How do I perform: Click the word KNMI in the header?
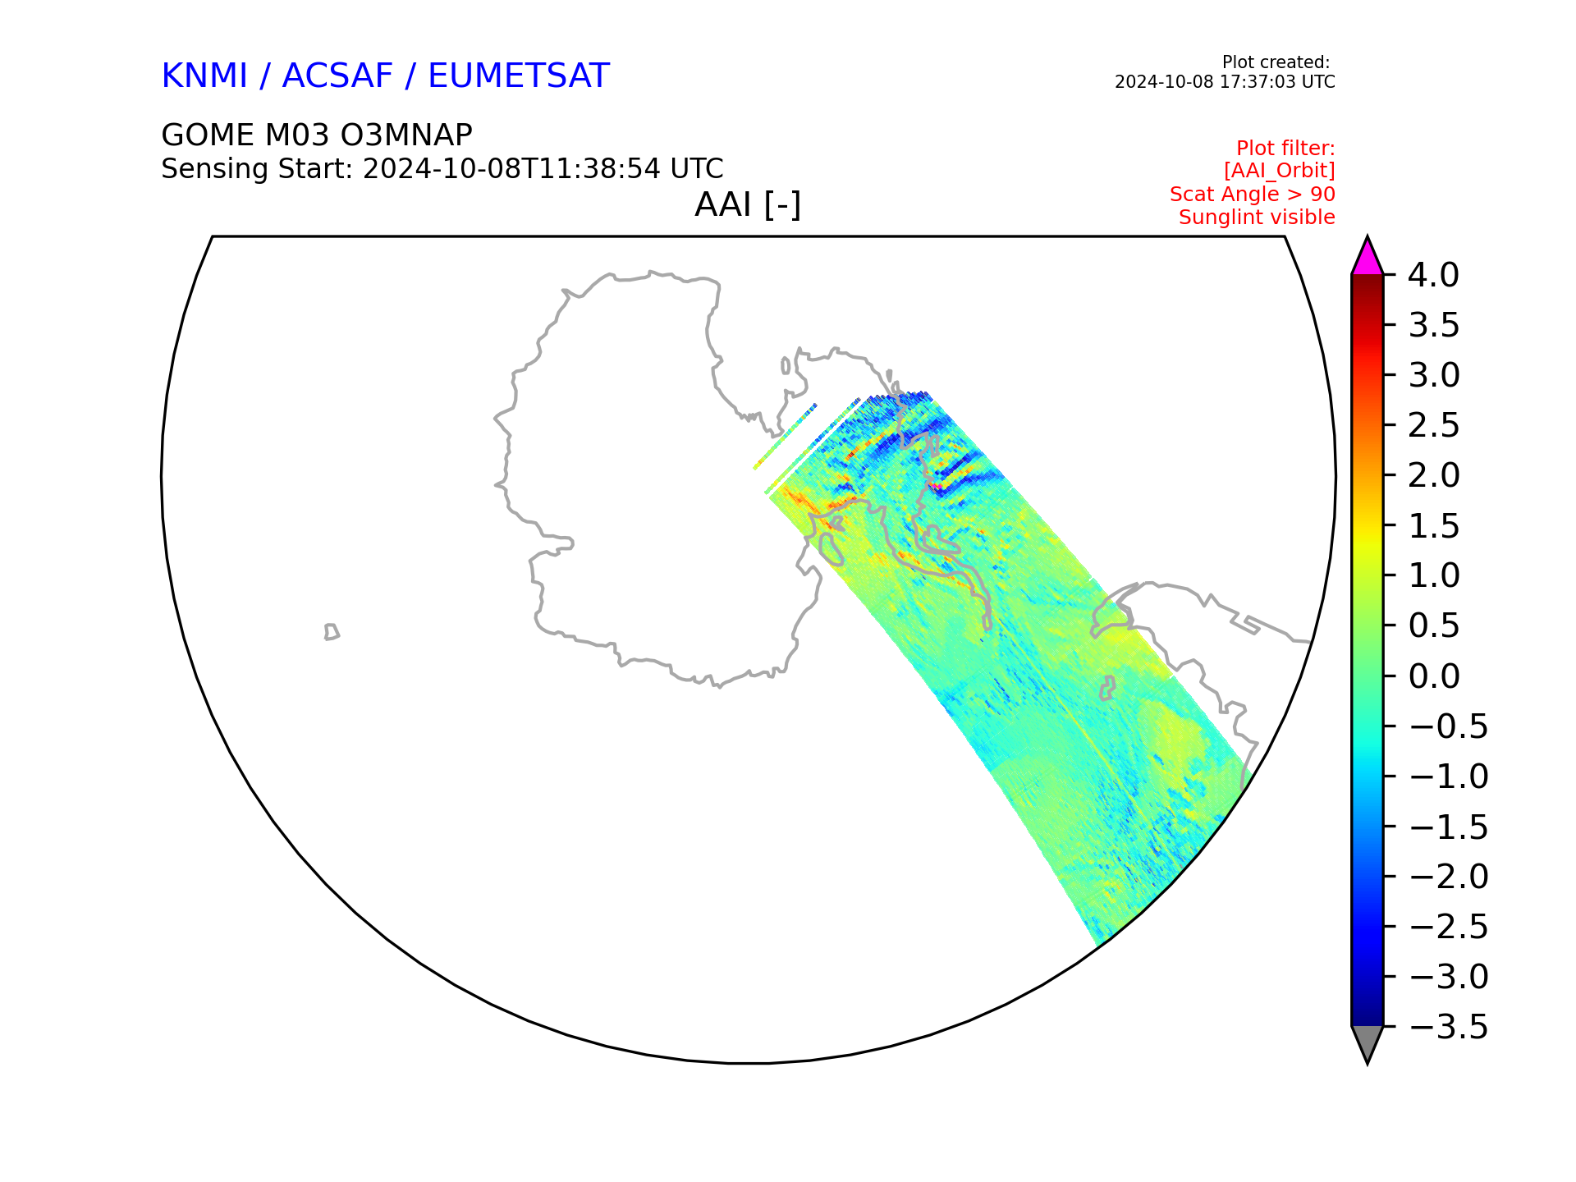point(204,76)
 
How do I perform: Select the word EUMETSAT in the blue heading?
point(519,76)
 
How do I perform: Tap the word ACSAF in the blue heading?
point(337,76)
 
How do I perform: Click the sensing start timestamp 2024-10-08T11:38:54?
point(511,168)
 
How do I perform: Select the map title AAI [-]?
point(748,204)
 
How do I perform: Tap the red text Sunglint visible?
point(1257,218)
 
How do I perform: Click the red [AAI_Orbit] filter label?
point(1279,171)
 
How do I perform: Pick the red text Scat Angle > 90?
point(1253,195)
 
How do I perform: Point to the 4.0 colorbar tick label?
point(1433,275)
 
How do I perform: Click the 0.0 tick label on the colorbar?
point(1433,676)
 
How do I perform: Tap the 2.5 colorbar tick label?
point(1433,425)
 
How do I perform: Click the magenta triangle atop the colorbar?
point(1368,259)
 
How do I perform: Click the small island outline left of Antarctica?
point(332,632)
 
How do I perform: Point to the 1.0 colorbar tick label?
point(1433,575)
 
